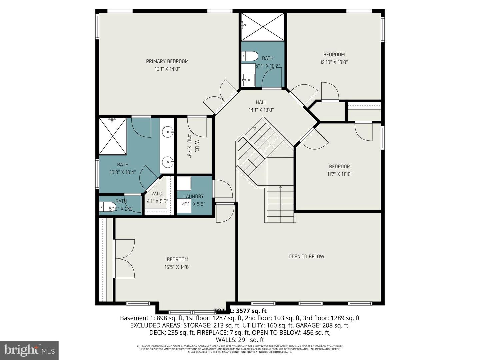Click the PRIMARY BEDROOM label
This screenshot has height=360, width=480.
point(167,61)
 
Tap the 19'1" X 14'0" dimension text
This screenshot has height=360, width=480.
point(167,69)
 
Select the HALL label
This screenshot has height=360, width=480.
point(261,102)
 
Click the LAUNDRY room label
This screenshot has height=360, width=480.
point(193,196)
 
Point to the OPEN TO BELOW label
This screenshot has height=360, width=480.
point(306,256)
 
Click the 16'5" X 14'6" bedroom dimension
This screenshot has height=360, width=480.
point(177,267)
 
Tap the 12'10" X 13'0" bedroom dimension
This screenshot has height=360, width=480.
point(334,62)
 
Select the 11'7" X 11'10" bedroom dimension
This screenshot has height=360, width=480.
point(340,174)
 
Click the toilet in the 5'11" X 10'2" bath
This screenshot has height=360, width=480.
point(249,56)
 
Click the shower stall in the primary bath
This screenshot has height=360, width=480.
point(113,136)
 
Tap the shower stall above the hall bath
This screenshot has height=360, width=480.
point(263,27)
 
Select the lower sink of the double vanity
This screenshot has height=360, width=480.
point(168,163)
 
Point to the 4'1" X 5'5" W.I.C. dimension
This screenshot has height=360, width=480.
point(157,201)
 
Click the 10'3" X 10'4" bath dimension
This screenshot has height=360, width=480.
point(123,172)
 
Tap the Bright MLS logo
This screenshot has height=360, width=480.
point(29,350)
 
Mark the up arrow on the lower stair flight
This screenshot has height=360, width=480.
point(280,187)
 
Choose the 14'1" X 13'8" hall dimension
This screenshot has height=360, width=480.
point(261,110)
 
